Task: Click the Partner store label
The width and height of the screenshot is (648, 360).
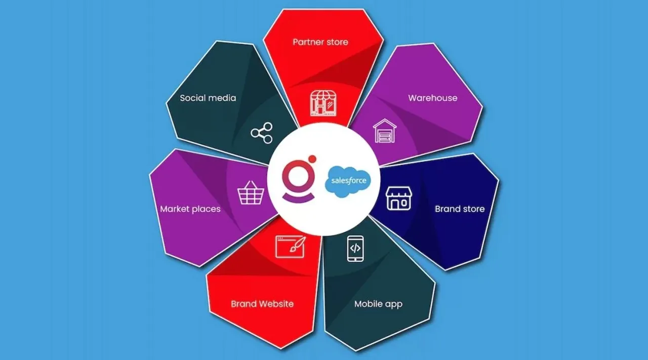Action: (320, 42)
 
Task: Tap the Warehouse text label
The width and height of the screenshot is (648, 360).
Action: (432, 98)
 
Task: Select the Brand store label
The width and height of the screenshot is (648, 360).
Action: (459, 209)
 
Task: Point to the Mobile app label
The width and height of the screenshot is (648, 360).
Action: (378, 304)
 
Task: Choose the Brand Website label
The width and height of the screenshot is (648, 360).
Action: (262, 304)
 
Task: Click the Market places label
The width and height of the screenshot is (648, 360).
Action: (190, 209)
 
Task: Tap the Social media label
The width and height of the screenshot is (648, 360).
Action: (208, 98)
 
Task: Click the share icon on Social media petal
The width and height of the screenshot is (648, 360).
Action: (262, 133)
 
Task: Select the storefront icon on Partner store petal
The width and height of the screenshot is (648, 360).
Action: (323, 104)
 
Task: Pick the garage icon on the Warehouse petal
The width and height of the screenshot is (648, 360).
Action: (385, 131)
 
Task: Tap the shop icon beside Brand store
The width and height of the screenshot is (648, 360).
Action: (399, 198)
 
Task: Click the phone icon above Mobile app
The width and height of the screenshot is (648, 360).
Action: (355, 248)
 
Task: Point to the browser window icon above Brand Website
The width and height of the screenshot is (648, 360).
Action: (290, 247)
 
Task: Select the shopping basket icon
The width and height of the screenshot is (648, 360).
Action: (251, 192)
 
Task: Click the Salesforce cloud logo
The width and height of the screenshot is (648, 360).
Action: (348, 181)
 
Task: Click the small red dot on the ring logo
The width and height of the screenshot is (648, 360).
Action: (312, 158)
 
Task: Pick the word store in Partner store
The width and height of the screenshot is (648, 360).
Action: (336, 42)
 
